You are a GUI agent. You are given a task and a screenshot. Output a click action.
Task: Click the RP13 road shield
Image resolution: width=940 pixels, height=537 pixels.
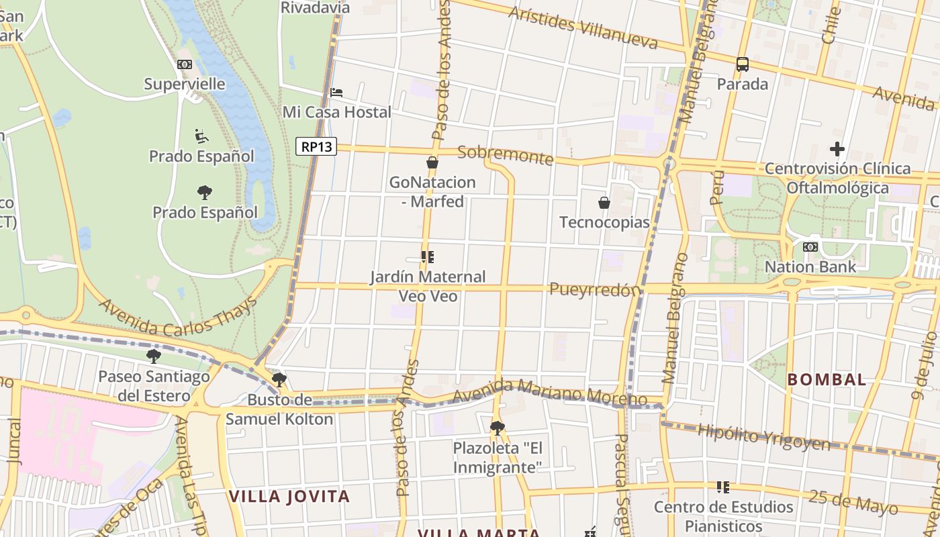click(316, 146)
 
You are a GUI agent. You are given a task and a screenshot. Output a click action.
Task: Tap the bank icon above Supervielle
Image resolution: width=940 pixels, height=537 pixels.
click(185, 64)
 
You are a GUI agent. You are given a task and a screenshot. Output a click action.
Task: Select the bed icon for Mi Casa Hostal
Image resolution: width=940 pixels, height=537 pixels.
click(336, 92)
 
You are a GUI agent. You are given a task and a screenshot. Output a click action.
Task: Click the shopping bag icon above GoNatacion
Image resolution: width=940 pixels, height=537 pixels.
click(432, 162)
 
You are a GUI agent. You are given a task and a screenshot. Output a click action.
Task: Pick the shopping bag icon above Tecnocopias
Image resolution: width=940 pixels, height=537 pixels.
click(604, 202)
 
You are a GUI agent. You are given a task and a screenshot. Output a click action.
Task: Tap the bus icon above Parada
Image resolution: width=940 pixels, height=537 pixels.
click(742, 64)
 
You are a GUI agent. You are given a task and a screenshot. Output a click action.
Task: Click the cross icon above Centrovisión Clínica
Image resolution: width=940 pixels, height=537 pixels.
click(837, 148)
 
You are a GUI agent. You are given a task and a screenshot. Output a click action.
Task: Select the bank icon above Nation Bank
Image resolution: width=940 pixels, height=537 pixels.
click(810, 247)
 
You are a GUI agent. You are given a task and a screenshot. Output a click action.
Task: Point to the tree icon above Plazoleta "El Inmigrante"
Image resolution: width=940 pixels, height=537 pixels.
click(497, 428)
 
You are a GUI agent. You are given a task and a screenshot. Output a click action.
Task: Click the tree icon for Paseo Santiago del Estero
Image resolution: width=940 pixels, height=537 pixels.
click(154, 356)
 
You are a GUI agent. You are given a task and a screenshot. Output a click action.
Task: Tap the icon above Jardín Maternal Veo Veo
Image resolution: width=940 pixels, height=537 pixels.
click(427, 257)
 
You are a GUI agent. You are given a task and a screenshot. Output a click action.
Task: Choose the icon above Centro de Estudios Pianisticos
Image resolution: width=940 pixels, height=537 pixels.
click(722, 487)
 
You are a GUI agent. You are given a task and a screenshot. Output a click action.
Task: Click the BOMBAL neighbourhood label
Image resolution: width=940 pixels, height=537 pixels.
click(827, 379)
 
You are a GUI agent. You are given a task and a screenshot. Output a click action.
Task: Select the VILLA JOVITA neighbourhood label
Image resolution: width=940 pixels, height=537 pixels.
click(289, 497)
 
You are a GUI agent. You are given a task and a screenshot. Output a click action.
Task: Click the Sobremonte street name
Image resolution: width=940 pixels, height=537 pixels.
click(505, 155)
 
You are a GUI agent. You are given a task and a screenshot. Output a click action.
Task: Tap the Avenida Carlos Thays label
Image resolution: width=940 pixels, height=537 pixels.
click(179, 318)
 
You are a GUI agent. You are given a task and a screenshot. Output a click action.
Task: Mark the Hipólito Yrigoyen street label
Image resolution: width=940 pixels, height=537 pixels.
click(764, 436)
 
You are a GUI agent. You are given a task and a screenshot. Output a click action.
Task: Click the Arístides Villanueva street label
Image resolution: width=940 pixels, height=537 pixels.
click(583, 28)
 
